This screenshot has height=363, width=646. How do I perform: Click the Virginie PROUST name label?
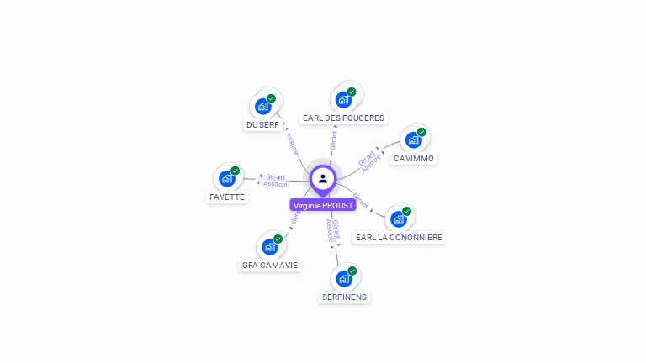(323, 205)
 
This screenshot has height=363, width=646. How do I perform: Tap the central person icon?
(323, 178)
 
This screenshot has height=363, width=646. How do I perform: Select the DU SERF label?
(262, 125)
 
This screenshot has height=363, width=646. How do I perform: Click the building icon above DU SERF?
(262, 107)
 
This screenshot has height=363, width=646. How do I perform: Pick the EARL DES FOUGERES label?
(343, 118)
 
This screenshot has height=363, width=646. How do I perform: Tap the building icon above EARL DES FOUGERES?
(343, 100)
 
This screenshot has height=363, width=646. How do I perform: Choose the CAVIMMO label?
(414, 158)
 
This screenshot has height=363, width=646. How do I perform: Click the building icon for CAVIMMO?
(413, 139)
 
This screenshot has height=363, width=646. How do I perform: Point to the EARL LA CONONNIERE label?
(399, 238)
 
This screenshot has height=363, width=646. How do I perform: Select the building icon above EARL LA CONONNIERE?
(399, 219)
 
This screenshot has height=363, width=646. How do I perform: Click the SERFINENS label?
(345, 297)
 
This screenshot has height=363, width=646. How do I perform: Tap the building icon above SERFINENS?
(344, 278)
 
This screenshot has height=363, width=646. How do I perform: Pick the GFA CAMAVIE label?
(270, 265)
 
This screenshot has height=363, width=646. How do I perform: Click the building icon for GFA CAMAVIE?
(269, 246)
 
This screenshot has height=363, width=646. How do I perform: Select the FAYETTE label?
(227, 197)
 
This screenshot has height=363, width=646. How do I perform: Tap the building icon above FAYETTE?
(227, 178)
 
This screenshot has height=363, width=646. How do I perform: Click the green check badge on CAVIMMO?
(421, 132)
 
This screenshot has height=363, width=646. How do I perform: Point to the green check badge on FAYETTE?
(236, 171)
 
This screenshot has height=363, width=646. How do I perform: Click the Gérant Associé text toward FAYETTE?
(275, 180)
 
